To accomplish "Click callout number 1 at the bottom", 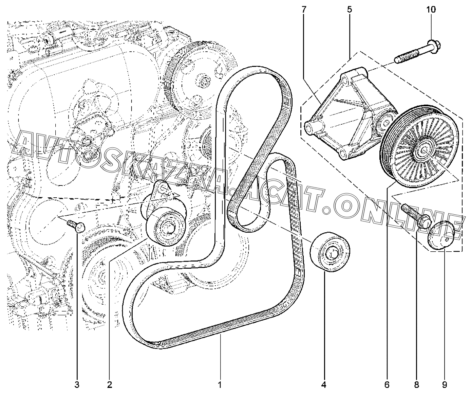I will coord(220,385).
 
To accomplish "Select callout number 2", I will coord(109,385).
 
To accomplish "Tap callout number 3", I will coord(77,385).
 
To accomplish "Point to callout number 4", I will coord(323,385).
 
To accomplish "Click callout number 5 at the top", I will coord(349,10).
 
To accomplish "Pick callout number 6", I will coord(387,385).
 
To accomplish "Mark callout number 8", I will coord(416,385).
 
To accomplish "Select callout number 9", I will coord(444,385).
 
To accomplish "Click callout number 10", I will coord(431,10).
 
